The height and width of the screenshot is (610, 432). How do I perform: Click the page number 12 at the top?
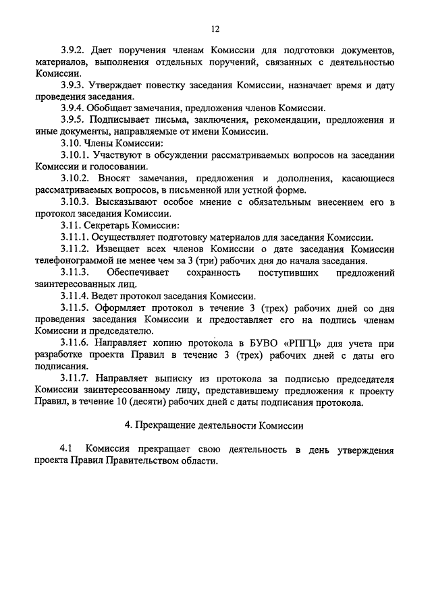coord(215,28)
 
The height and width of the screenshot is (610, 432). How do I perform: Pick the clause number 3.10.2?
coord(75,179)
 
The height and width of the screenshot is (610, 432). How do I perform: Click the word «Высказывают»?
coord(125,202)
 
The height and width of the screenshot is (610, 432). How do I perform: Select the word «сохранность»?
coord(215,272)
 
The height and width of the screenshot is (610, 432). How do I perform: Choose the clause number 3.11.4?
coord(75,296)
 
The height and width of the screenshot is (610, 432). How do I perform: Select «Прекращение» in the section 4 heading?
coord(167,425)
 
